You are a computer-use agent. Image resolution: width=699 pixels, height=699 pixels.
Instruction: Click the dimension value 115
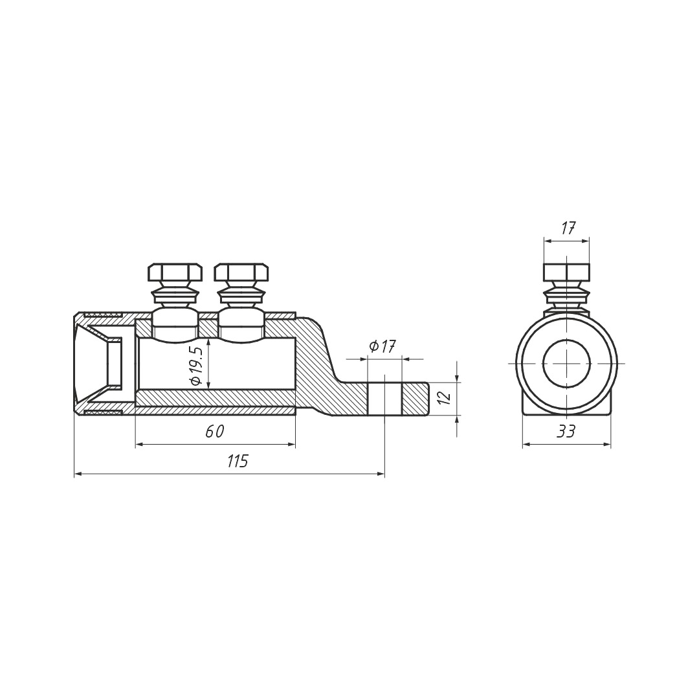(237, 461)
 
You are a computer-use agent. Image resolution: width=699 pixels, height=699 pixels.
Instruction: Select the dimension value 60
(215, 431)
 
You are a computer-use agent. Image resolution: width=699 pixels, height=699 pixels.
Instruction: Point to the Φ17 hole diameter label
(382, 346)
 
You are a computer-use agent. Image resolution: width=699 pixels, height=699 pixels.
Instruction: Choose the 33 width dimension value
(566, 431)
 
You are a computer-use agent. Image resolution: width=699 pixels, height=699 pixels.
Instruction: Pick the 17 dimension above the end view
(567, 228)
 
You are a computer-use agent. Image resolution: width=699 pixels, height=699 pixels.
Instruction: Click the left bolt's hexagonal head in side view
(175, 272)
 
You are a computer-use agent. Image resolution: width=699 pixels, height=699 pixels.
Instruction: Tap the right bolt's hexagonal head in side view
(241, 272)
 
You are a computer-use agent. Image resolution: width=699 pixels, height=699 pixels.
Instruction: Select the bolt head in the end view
(566, 272)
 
